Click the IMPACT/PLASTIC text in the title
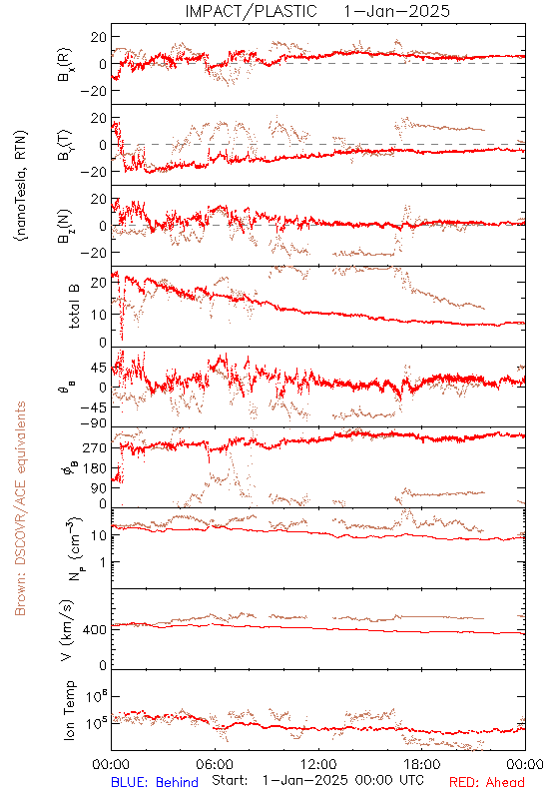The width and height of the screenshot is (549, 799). pyautogui.click(x=251, y=11)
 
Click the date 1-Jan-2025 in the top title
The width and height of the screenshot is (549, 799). pyautogui.click(x=396, y=11)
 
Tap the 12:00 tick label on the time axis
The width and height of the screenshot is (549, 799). pyautogui.click(x=318, y=764)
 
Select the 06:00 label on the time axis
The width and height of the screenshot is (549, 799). pyautogui.click(x=215, y=764)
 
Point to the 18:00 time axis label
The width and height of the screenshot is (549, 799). pyautogui.click(x=422, y=764)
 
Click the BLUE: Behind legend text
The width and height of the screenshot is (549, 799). pyautogui.click(x=155, y=782)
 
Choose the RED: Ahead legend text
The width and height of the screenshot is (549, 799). pyautogui.click(x=486, y=782)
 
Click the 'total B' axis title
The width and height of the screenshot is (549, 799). pyautogui.click(x=73, y=307)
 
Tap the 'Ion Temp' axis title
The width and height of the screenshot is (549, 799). pyautogui.click(x=69, y=710)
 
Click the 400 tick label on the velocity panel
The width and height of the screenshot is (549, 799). pyautogui.click(x=95, y=630)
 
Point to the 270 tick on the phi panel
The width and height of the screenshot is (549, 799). pyautogui.click(x=95, y=447)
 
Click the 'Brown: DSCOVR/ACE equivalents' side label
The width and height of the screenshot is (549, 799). pyautogui.click(x=20, y=508)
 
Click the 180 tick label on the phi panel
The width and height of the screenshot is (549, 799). pyautogui.click(x=95, y=468)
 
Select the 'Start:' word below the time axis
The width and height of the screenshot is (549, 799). pyautogui.click(x=230, y=780)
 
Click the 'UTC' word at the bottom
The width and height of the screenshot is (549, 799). pyautogui.click(x=411, y=780)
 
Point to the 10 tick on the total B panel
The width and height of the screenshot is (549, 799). pyautogui.click(x=100, y=315)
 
